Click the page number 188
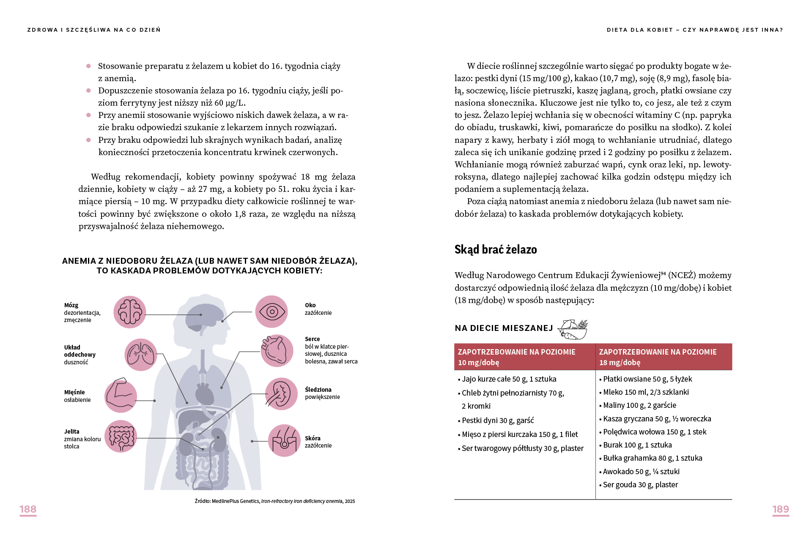coord(28,509)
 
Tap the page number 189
coord(780,509)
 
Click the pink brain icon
coord(130,312)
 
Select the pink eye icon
coord(271,311)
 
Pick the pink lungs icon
coord(141,354)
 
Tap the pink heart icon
coord(277,350)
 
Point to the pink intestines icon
coord(121,436)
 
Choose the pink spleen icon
coord(281,393)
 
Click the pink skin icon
coord(284,440)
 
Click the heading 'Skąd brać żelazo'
coord(495,249)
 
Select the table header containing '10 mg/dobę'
coord(524,357)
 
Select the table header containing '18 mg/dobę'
coord(664,357)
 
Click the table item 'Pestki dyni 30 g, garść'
coord(497,421)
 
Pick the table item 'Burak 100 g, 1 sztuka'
coord(637,445)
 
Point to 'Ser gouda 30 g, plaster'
coord(640,485)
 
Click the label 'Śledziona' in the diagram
coord(318,390)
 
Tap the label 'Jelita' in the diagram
coord(72,432)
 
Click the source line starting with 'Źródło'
coord(274,501)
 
